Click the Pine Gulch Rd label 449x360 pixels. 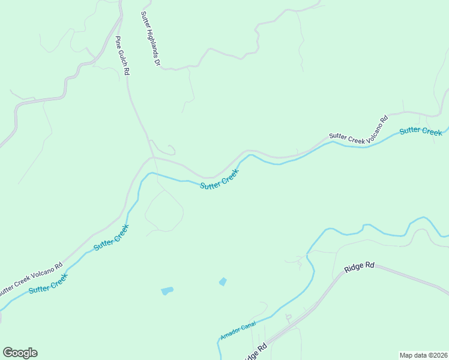coord(122,56)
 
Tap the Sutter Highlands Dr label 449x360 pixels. coord(151,38)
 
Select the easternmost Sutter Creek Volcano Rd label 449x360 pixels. coord(358,129)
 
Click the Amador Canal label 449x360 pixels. coord(238,331)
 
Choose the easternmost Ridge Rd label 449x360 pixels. coord(360,268)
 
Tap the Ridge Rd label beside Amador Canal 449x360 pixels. coord(255,352)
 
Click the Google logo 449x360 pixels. coord(20,352)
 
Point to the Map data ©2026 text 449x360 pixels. coord(423,355)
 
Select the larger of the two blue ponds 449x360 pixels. coord(167,291)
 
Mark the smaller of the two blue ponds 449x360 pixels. coord(223,281)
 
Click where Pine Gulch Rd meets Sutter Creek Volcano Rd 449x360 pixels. coord(153,158)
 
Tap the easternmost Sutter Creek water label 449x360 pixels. coord(421,131)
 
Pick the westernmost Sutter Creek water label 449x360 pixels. coord(48,284)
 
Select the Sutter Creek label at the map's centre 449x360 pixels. coord(220,179)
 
